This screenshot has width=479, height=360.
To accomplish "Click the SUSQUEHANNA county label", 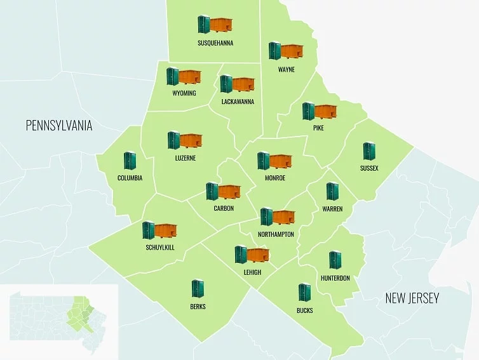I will (x=215, y=43).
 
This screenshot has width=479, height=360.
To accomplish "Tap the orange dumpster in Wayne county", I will (x=292, y=51).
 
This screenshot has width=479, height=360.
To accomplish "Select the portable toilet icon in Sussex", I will (x=369, y=151).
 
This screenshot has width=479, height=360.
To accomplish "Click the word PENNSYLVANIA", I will (x=59, y=126).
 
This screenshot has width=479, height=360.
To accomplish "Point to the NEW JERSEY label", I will (x=412, y=298).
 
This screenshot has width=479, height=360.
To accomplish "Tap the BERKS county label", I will (x=198, y=307).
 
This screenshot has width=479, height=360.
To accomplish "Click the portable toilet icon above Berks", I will (x=198, y=289).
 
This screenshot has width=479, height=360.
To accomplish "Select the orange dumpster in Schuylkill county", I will (x=166, y=230).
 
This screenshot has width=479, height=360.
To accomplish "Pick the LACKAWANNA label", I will (x=238, y=102).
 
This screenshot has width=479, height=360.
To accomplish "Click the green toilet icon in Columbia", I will (x=130, y=161).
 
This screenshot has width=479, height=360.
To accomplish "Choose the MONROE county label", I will (x=275, y=178).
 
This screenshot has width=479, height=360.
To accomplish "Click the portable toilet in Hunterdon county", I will (x=335, y=260).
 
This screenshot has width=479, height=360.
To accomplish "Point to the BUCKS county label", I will (x=304, y=310).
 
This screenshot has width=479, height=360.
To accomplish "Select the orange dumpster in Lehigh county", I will (x=258, y=255).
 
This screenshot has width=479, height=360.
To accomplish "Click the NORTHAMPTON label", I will (x=276, y=234).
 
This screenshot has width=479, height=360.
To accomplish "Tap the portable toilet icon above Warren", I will (x=332, y=191).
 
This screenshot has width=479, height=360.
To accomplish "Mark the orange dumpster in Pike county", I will (x=325, y=112).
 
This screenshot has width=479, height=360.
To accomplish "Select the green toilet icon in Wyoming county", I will (x=172, y=76).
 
